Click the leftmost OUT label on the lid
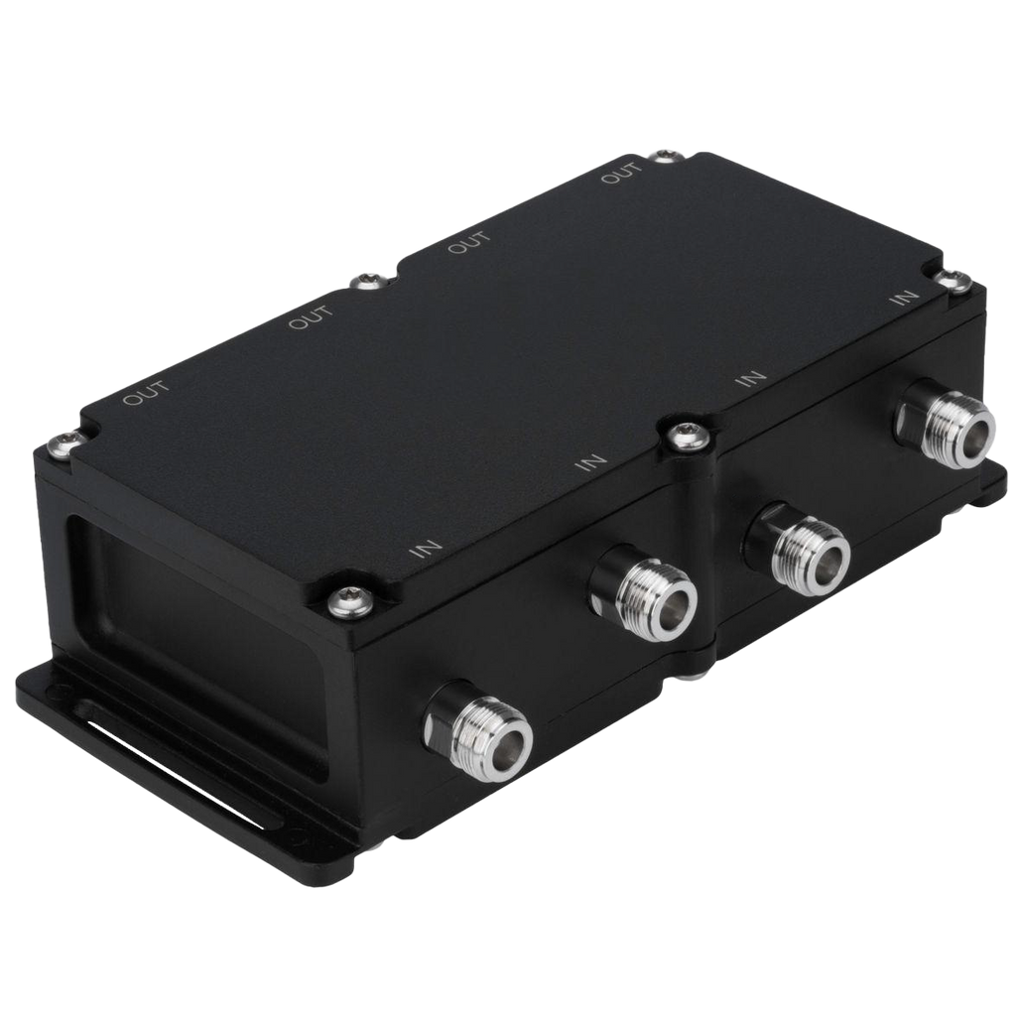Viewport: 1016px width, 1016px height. [x=147, y=393]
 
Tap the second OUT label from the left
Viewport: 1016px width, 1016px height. [x=311, y=317]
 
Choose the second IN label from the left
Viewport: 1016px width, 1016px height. [x=591, y=462]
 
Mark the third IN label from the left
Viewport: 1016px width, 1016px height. [x=752, y=378]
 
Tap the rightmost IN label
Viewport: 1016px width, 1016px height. [x=904, y=298]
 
